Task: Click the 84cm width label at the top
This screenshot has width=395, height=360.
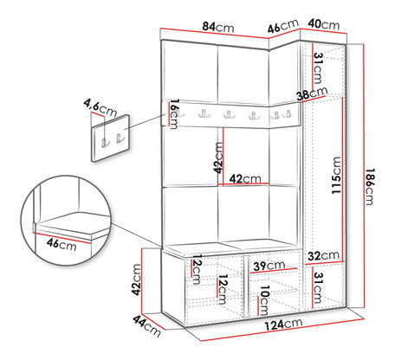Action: [x=218, y=27]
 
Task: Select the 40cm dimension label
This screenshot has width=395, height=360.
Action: [x=324, y=24]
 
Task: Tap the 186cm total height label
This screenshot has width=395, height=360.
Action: [x=369, y=186]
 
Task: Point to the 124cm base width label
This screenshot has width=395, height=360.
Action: [x=284, y=325]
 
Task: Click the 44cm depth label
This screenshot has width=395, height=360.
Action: [x=146, y=325]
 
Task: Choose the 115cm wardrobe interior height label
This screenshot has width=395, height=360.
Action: [x=336, y=175]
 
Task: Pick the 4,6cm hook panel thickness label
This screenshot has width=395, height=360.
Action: [x=100, y=106]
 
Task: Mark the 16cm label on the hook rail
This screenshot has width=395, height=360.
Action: [x=174, y=114]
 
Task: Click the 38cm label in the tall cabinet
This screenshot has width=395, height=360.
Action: [x=313, y=93]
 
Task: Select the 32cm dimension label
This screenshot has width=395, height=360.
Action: [x=323, y=255]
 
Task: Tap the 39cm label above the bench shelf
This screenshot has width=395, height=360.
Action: [x=269, y=266]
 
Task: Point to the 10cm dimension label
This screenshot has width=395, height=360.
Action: [x=264, y=300]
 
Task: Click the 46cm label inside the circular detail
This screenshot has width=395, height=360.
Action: [x=62, y=244]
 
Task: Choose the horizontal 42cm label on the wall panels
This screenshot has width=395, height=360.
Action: [x=245, y=179]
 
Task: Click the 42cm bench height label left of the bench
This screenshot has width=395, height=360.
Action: [x=136, y=280]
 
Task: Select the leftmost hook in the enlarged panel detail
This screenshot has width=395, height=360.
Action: [x=105, y=142]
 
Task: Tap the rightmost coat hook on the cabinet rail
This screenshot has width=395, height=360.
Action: [x=288, y=113]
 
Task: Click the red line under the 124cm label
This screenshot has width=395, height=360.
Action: [x=282, y=330]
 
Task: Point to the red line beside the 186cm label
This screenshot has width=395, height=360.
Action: [x=364, y=177]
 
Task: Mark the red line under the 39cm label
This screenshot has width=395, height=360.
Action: [x=274, y=271]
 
